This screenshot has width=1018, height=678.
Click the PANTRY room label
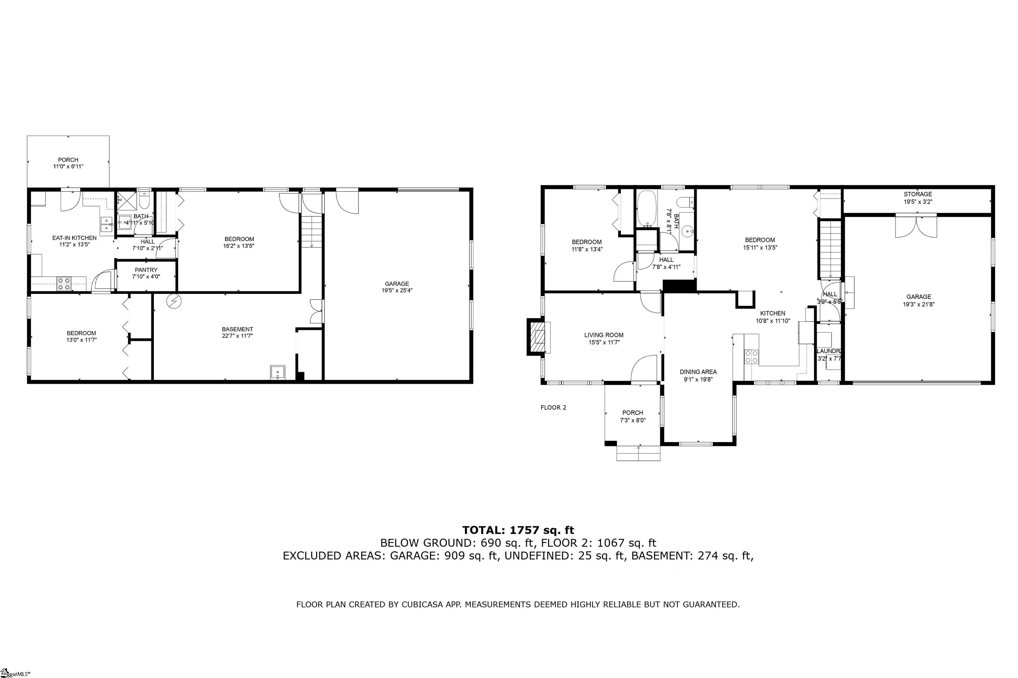[x=146, y=270]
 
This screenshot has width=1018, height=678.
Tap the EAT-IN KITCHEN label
[x=75, y=238]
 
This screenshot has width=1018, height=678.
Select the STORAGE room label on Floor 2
[x=918, y=194]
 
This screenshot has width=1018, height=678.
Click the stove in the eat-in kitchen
[x=64, y=284]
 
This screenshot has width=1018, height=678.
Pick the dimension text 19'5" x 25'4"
[x=397, y=291]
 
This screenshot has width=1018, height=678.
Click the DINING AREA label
[x=698, y=372]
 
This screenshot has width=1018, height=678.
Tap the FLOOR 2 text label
[x=553, y=407]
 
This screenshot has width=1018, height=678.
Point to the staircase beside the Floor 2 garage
[x=830, y=250]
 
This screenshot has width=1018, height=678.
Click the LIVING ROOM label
[x=604, y=335]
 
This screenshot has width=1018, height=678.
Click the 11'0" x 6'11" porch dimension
[x=68, y=167]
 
